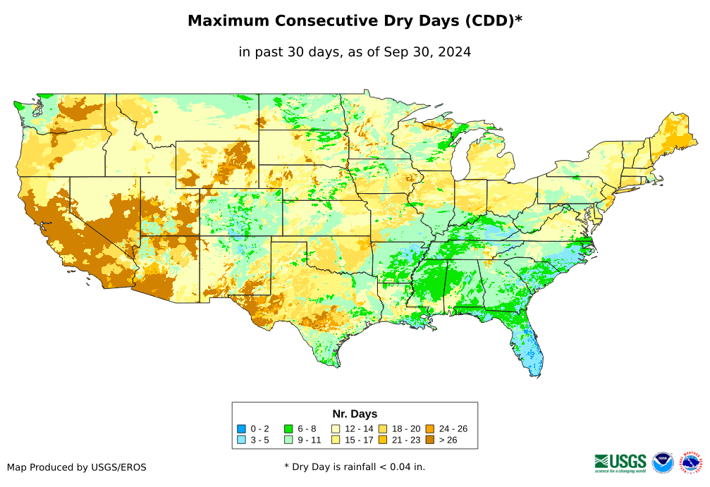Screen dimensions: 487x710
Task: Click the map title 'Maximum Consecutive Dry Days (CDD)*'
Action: point(355,21)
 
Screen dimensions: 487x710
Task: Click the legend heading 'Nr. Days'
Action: point(355,414)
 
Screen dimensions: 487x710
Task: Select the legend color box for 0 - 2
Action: point(241,429)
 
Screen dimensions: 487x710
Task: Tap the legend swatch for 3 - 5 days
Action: point(241,440)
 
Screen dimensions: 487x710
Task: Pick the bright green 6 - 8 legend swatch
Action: point(288,429)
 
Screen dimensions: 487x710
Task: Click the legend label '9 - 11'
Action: point(309,440)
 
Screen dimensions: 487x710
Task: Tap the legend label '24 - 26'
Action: point(453,429)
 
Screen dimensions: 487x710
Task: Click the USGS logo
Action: point(620,462)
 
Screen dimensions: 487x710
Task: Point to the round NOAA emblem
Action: point(663,462)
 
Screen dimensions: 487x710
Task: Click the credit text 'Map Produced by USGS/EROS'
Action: point(77,467)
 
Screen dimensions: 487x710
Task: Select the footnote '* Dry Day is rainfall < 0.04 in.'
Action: point(355,467)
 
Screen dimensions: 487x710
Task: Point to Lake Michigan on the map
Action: point(458,162)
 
